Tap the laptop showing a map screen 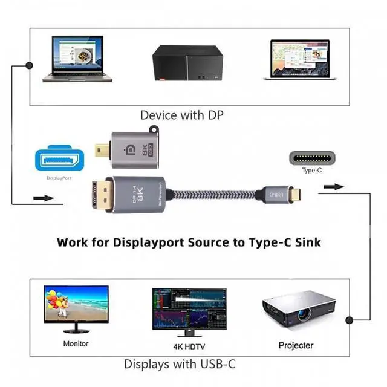299,60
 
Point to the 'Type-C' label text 311,171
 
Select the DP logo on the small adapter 129,148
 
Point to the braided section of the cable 218,195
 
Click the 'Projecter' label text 296,345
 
